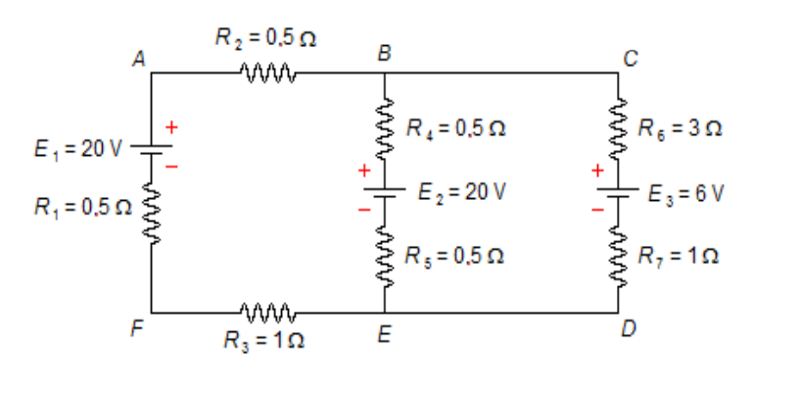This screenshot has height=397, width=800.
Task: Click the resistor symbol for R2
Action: [x=266, y=72]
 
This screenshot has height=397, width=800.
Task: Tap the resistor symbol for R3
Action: [x=266, y=314]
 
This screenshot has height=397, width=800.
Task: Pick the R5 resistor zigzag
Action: [x=386, y=257]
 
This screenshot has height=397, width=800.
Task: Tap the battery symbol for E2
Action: [x=386, y=191]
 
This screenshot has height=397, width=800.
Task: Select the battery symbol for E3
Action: [x=619, y=191]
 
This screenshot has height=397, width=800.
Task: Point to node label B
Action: [x=385, y=54]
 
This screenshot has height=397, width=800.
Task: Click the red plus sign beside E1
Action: [x=172, y=126]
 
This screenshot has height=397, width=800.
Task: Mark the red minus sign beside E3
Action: [x=596, y=210]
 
